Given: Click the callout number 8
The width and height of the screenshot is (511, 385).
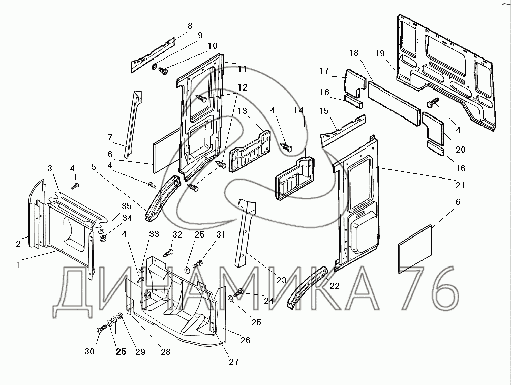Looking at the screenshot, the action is pos(190,26).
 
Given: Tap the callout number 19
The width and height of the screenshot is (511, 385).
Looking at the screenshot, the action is pos(380,53).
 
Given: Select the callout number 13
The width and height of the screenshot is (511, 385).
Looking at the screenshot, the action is pos(242,111).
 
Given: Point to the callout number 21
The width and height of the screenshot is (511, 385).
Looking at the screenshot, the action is pos(460,185).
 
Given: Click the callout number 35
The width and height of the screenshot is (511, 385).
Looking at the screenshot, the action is pos(127,206).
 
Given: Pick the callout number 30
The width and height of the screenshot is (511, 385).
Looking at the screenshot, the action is pos(89,351).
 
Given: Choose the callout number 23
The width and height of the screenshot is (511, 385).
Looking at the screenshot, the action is pos(282,280).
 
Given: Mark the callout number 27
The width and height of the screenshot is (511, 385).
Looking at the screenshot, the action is pos(234,361).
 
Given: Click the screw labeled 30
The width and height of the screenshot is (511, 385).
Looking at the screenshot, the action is pos(102,328).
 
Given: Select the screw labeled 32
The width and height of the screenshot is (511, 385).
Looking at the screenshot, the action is pos(168,253).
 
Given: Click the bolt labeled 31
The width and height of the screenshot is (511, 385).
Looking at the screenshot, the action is pos(198,263).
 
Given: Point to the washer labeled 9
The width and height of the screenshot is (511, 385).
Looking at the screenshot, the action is pos(155,67).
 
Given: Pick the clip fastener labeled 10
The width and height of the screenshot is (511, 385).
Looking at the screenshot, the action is pos(163,71).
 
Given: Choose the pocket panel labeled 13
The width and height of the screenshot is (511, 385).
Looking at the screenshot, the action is pos(250,151).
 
